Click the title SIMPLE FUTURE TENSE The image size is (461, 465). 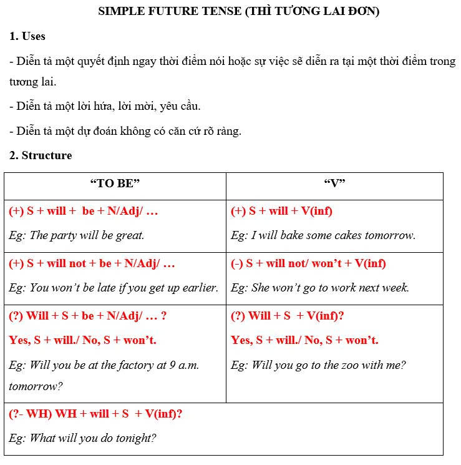pyautogui.click(x=169, y=11)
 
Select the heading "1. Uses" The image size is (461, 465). pyautogui.click(x=27, y=36)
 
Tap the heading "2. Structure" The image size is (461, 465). pyautogui.click(x=41, y=155)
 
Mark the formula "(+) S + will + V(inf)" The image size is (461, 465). pyautogui.click(x=281, y=211)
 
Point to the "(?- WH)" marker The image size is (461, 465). pyautogui.click(x=31, y=413)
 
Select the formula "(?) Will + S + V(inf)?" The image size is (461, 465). pyautogui.click(x=288, y=316)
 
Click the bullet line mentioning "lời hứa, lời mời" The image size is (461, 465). pyautogui.click(x=105, y=106)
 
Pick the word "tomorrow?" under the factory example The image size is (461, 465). pyautogui.click(x=36, y=386)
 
